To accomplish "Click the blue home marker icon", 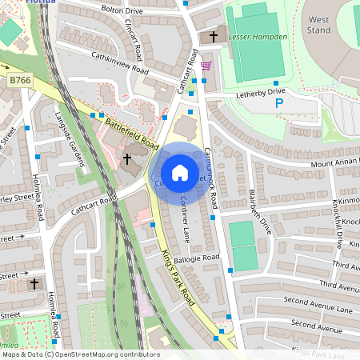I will [x=180, y=172].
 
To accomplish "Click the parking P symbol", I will [x=279, y=102].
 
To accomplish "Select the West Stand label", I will [x=318, y=24].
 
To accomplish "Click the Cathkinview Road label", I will [x=121, y=63].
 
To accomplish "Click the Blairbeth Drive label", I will [x=263, y=210].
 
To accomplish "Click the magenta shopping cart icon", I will [x=206, y=66].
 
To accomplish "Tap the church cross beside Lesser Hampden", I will [x=213, y=36].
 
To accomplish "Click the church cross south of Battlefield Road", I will [x=126, y=159].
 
